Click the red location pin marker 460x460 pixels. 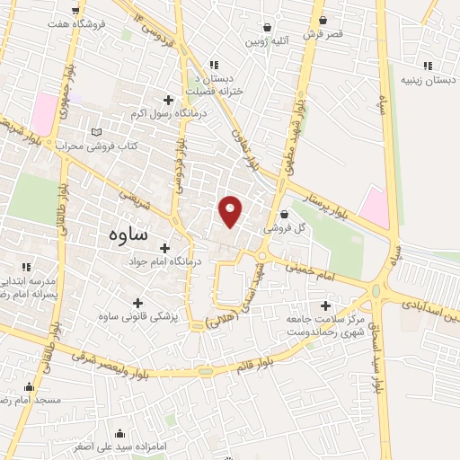click(x=231, y=211)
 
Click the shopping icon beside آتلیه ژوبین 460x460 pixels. click(x=267, y=28)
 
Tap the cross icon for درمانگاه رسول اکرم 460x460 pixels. click(x=167, y=99)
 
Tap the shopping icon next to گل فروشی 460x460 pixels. click(x=285, y=215)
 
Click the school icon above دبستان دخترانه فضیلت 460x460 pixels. click(x=213, y=64)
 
